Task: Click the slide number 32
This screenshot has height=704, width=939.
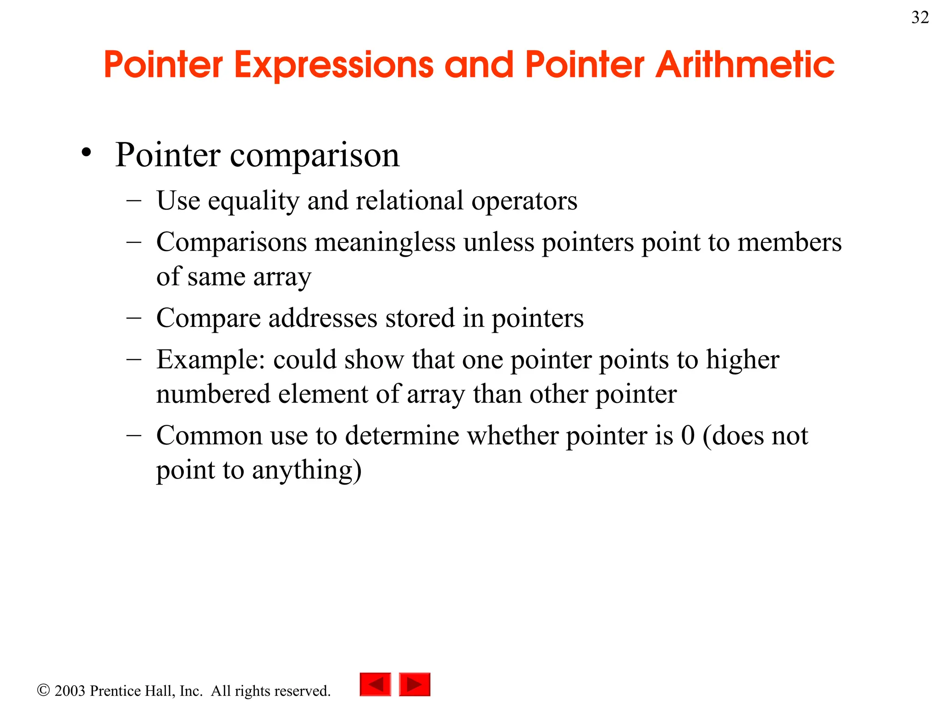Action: point(920,17)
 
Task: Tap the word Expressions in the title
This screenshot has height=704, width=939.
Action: point(334,65)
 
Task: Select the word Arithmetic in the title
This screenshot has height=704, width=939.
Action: point(745,65)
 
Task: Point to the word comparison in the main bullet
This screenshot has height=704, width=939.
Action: point(315,156)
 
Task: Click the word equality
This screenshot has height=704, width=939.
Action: point(253,201)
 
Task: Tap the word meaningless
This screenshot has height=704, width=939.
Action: point(385,242)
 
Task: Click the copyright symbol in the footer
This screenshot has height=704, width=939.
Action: point(43,690)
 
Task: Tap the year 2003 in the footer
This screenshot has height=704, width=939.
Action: point(70,691)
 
